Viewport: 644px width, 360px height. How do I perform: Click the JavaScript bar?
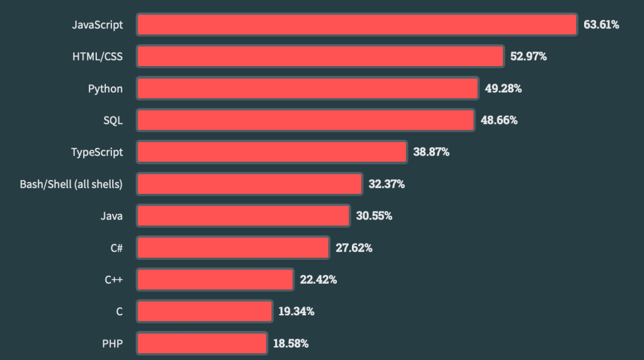point(357,25)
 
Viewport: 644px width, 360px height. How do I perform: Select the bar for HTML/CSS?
point(320,56)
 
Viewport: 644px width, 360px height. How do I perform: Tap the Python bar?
point(307,88)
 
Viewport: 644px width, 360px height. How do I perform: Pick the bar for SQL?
point(305,120)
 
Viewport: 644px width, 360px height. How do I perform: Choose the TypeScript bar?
point(272,152)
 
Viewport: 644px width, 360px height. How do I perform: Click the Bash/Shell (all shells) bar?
point(249,184)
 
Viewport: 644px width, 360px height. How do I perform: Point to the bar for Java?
point(243,216)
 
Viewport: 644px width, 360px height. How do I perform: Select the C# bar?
point(233,248)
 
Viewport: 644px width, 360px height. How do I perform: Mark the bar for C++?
point(215,279)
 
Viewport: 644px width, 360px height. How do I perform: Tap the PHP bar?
point(202,344)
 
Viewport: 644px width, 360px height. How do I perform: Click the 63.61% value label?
point(601,25)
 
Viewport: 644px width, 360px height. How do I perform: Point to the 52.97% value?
point(528,56)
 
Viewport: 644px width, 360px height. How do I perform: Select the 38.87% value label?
point(431,152)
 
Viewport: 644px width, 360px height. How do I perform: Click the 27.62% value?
point(354,248)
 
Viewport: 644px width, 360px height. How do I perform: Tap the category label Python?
point(105,88)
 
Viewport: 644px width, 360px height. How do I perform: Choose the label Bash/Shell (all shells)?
point(71,184)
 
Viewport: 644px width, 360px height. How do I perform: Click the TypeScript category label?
point(97,152)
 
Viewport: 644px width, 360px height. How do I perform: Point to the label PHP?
point(112,344)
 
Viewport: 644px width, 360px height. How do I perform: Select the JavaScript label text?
point(97,25)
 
